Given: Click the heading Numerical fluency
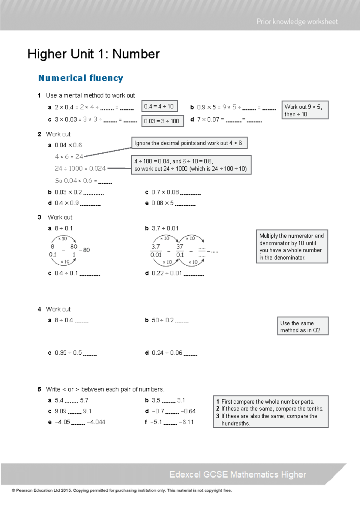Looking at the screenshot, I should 81,78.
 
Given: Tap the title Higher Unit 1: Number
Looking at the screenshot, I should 93,54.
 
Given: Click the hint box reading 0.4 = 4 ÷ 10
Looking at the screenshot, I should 159,106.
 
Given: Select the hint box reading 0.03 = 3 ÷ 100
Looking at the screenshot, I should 162,121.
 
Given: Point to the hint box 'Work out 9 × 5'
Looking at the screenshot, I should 304,110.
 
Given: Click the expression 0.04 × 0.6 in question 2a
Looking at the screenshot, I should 68,145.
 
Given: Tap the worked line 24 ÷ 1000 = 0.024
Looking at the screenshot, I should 80,168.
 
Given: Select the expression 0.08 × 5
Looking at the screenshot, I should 162,203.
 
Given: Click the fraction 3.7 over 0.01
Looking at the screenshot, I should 156,251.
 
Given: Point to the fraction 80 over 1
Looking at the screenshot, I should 74,250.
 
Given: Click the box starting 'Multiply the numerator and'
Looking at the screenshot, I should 292,246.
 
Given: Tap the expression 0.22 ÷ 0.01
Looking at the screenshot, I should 167,273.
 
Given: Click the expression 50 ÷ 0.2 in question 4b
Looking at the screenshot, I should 163,320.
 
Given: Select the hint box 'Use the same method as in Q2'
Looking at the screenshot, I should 302,326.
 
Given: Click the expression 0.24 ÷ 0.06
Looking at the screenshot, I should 167,353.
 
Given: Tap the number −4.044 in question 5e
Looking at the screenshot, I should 96,422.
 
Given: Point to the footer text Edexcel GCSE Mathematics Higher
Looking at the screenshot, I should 237,474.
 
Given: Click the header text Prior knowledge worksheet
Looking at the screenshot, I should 297,22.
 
